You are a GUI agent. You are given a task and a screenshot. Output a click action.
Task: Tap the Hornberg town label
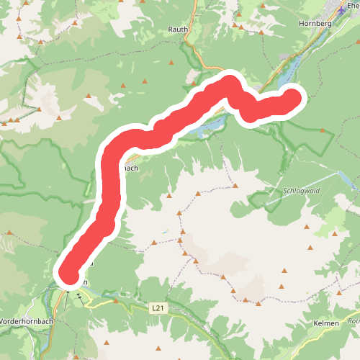[313, 23]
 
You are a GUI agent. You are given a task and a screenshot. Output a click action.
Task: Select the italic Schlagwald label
[296, 191]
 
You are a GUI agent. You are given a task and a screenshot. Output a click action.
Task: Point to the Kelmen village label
[326, 324]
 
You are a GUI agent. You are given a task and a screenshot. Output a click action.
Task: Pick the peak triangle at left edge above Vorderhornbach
[9, 233]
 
